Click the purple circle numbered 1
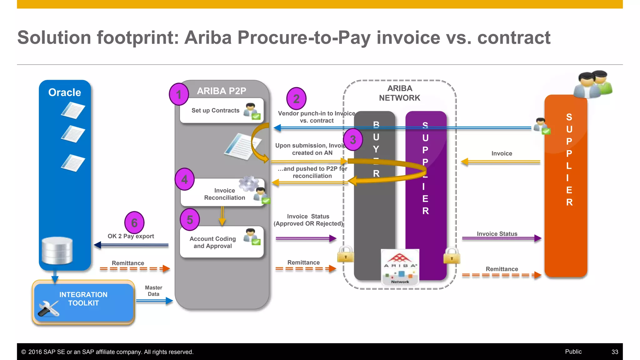tap(179, 94)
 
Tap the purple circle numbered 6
tap(134, 222)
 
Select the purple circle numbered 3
tap(353, 140)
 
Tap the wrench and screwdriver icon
tap(48, 308)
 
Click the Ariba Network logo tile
tap(400, 267)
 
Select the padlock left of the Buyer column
tap(346, 254)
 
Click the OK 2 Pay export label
tap(131, 236)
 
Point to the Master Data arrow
tap(155, 301)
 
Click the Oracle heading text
tap(65, 92)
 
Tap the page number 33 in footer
tap(615, 352)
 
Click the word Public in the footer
tap(573, 352)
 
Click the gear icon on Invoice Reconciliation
tap(248, 184)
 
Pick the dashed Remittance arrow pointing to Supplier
tap(501, 275)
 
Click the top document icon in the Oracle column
tap(73, 111)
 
